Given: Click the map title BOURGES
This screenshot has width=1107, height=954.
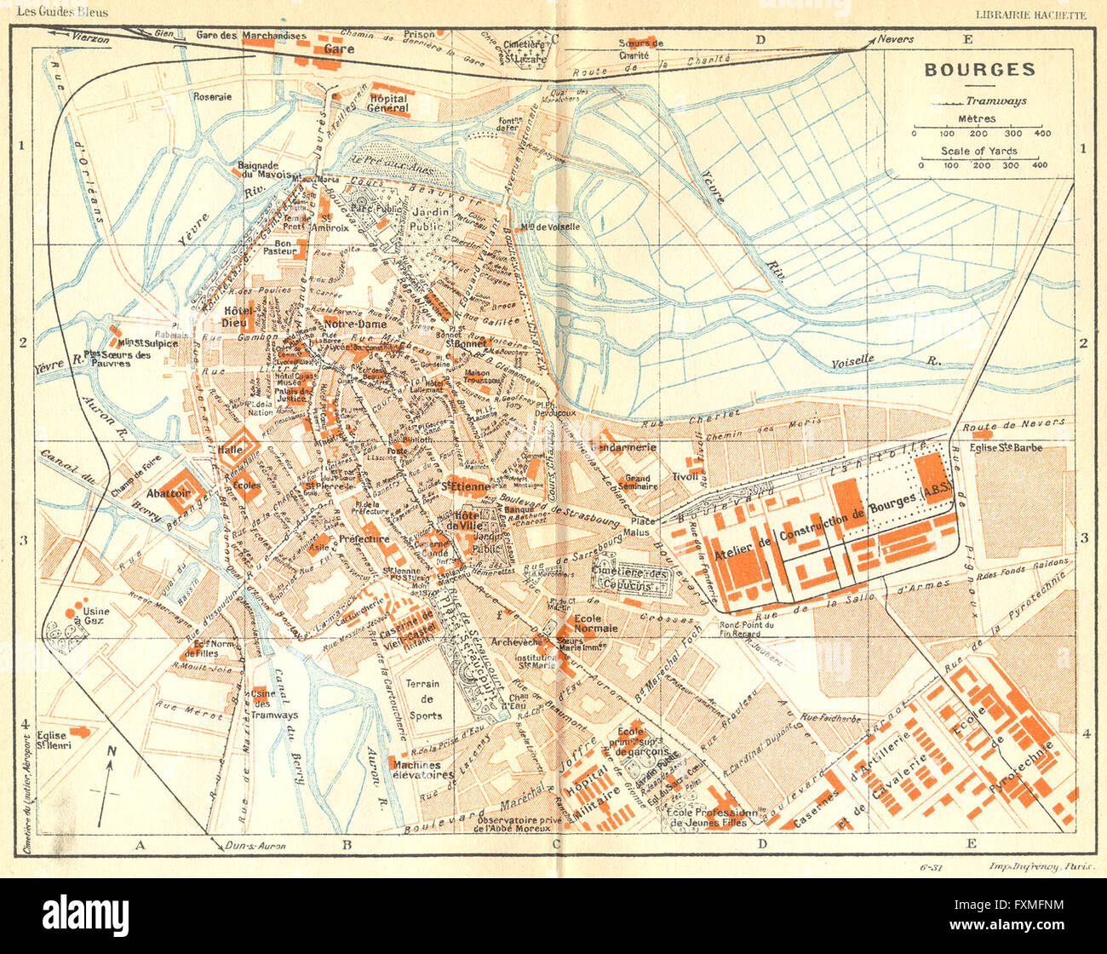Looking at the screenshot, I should pos(979,70).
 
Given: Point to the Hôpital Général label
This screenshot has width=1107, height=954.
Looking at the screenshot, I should pos(388,104).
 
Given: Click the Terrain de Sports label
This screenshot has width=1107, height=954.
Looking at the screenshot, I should pos(423,699).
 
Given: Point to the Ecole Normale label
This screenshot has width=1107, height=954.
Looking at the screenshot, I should pos(595,624).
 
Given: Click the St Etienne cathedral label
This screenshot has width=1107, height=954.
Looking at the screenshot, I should pos(465,486).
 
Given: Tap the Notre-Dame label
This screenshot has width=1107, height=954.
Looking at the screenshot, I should pos(355,325).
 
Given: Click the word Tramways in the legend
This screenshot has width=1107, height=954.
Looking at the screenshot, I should pos(1002,101).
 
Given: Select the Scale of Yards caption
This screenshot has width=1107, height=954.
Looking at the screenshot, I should pos(978,151).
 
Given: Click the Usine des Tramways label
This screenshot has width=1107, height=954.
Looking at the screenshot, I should pos(274,704).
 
